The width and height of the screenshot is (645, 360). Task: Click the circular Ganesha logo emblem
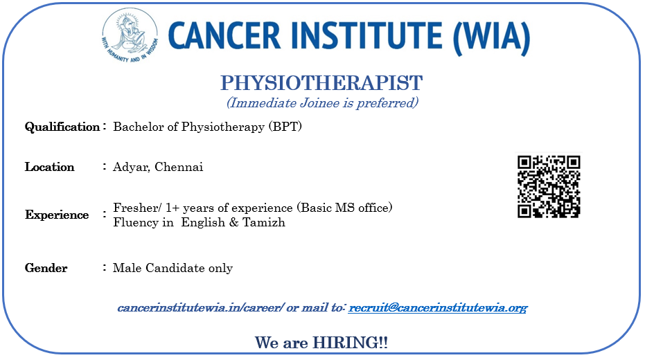130,36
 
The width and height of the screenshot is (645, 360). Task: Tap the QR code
549,186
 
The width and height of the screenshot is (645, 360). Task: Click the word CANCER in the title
224,36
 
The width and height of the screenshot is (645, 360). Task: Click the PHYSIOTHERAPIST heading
321,83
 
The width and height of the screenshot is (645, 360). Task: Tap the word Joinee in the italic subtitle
319,102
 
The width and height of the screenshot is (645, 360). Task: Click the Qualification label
62,127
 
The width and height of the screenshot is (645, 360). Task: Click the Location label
49,167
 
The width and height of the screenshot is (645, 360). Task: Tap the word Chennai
179,167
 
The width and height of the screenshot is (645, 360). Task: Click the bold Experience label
57,215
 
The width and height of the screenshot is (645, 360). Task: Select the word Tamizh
264,222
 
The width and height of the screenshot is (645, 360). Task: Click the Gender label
46,268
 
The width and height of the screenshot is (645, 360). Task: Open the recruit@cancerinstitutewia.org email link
438,308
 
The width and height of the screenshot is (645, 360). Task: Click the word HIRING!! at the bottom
350,342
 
